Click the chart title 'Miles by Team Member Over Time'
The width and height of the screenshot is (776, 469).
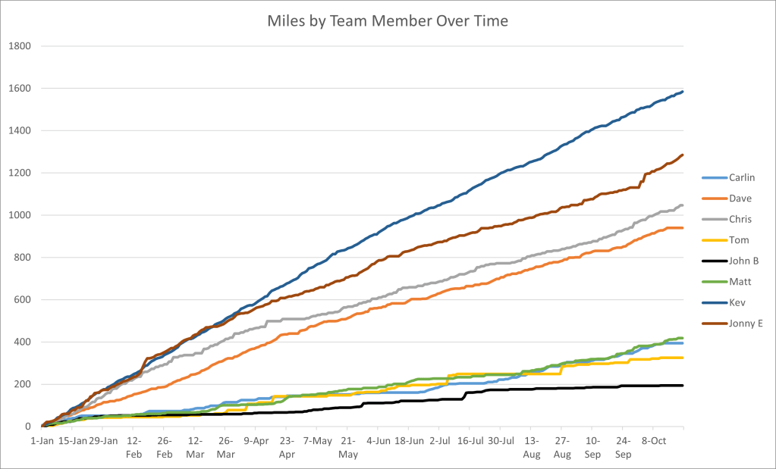click(x=388, y=20)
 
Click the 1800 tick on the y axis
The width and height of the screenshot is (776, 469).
click(x=19, y=46)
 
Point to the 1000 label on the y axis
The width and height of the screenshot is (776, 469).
click(x=19, y=215)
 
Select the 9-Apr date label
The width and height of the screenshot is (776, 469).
click(x=256, y=439)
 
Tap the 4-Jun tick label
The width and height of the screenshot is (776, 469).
click(x=379, y=439)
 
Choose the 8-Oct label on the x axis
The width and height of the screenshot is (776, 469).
click(x=654, y=439)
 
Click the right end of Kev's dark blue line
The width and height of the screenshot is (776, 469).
click(x=683, y=92)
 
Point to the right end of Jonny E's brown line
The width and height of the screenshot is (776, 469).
click(x=683, y=155)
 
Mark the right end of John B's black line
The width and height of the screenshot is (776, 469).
click(x=683, y=386)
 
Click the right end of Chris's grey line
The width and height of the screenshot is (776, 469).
click(x=683, y=205)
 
